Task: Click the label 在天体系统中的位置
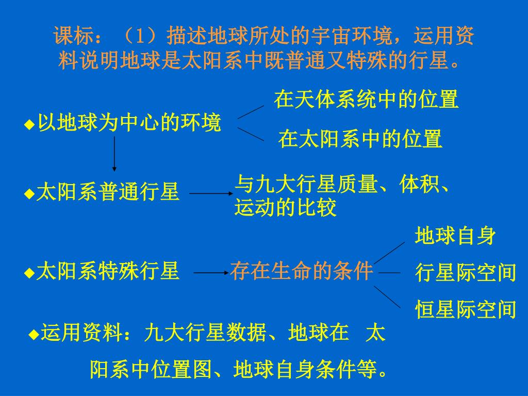pos(366,99)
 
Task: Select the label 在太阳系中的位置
pos(360,139)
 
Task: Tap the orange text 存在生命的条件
pos(302,271)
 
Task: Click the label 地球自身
pos(455,236)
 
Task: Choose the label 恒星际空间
pos(466,309)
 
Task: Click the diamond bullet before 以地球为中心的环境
pos(29,125)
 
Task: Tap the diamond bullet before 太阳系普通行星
pos(29,194)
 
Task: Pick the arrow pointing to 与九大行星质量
pos(211,194)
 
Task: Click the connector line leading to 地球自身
pos(389,252)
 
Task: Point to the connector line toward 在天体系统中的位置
pos(251,111)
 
